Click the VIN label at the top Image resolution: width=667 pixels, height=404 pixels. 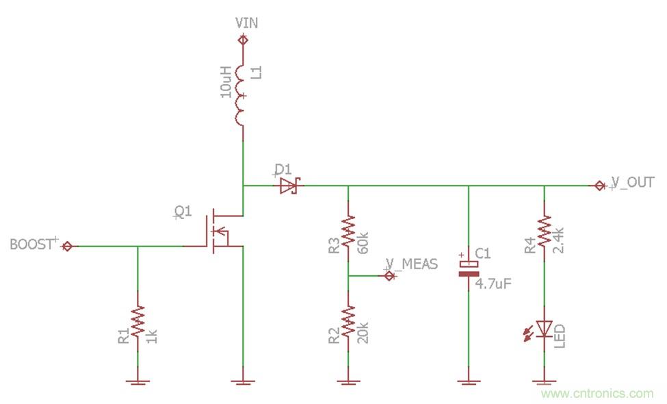246,23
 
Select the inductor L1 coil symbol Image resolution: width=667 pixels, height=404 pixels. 241,96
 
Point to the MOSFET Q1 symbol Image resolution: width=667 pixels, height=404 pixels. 219,231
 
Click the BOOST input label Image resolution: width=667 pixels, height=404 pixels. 31,244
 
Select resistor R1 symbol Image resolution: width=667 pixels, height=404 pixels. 138,322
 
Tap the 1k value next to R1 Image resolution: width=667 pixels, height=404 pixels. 152,336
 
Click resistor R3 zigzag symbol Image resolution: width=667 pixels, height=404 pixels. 348,231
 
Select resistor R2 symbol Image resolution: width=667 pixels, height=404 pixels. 348,320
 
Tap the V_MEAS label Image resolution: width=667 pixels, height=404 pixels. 411,265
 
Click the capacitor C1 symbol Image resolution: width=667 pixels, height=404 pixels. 469,268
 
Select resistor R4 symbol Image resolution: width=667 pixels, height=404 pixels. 544,231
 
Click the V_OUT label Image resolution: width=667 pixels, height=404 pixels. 633,183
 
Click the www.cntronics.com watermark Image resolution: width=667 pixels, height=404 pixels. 597,393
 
